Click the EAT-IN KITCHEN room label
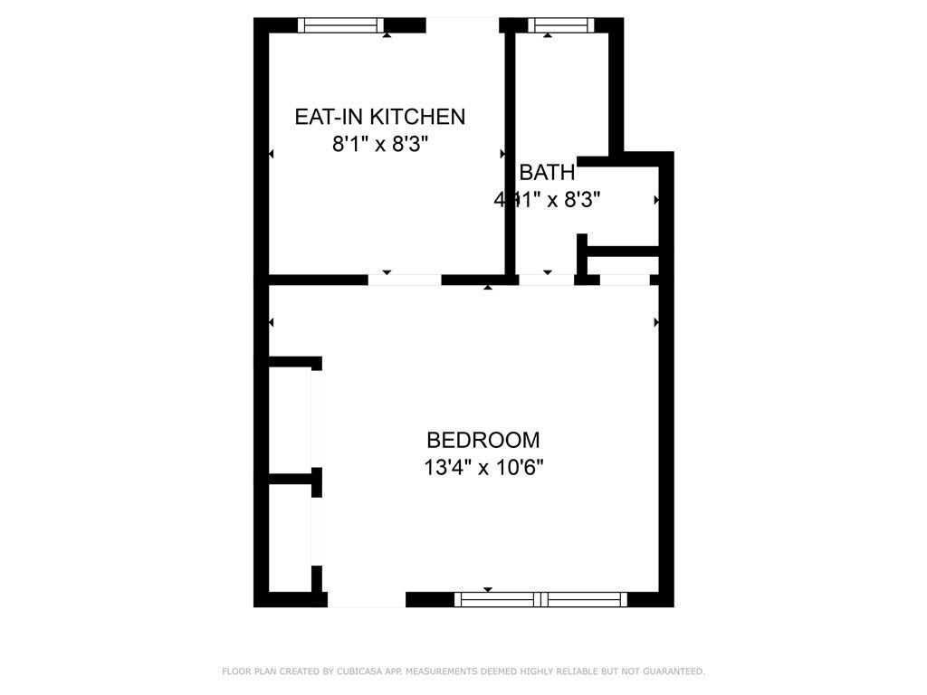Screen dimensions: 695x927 [379, 117]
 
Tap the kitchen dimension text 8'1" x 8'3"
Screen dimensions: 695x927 [379, 144]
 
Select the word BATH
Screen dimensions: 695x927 [547, 173]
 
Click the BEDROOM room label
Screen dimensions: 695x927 [483, 441]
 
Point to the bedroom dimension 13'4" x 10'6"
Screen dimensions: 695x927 [483, 468]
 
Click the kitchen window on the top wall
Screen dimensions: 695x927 [341, 25]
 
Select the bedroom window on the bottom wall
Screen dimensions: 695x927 [540, 598]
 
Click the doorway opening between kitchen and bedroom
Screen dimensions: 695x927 [405, 280]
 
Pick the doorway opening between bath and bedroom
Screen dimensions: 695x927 [547, 280]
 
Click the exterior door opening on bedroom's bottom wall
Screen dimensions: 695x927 [366, 600]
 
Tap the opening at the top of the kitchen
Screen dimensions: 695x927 [462, 24]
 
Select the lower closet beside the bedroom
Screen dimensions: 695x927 [291, 536]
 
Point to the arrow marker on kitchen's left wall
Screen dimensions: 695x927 [272, 156]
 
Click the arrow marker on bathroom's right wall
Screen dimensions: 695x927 [656, 199]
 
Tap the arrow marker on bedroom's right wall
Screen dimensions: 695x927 [656, 321]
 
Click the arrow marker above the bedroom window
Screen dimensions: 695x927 [489, 589]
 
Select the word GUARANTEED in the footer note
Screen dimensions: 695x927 [674, 671]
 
